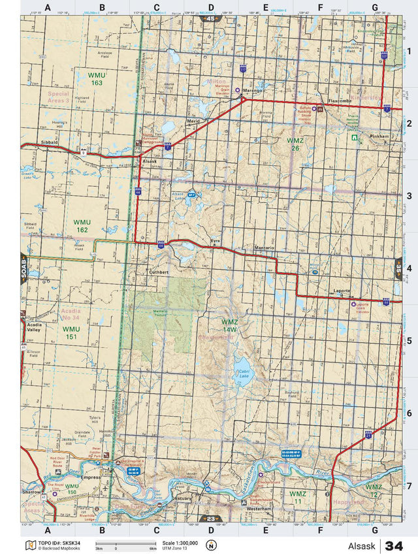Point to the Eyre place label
coord(216,242)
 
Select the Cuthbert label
coord(159,272)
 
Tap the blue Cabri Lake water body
coord(242,364)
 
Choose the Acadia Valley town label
coord(35,327)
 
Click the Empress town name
coord(90,477)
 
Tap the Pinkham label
coord(379,136)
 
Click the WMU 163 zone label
coord(97,79)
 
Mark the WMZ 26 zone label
coord(295,144)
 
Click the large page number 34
coord(394,546)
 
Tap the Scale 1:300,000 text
coord(180,543)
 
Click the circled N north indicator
coord(210,546)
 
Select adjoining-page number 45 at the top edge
coord(210,20)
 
